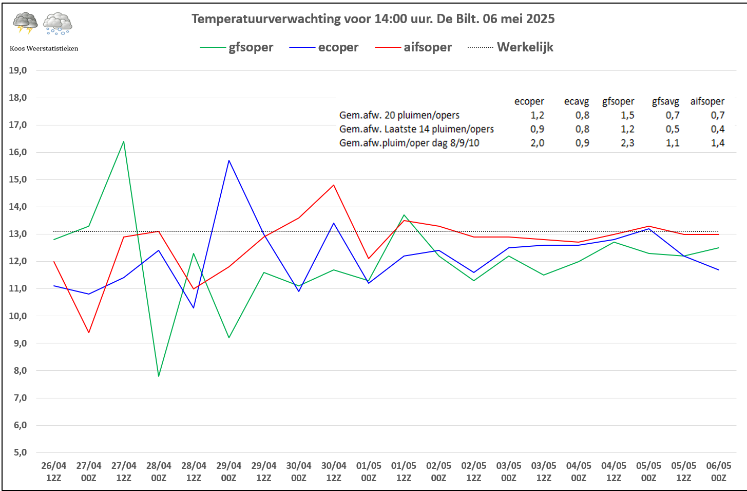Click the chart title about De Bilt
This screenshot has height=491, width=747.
[373, 19]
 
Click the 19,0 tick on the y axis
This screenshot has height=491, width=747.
[18, 70]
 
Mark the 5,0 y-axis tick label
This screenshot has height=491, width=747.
[18, 452]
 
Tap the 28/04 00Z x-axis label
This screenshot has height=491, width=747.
[159, 471]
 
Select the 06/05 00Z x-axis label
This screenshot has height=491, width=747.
[718, 471]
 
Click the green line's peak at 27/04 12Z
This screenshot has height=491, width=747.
[124, 141]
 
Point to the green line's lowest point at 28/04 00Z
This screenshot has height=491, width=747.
[159, 376]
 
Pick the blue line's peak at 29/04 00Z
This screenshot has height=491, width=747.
[229, 160]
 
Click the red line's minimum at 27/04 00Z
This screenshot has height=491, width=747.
[89, 332]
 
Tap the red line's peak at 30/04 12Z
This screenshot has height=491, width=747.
[334, 185]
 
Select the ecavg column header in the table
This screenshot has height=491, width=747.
[576, 101]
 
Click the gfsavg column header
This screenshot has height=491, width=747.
[665, 101]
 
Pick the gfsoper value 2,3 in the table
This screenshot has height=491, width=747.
[627, 143]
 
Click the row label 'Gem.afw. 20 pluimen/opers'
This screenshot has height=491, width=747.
[399, 115]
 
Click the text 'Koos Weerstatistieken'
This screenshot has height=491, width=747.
[44, 48]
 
